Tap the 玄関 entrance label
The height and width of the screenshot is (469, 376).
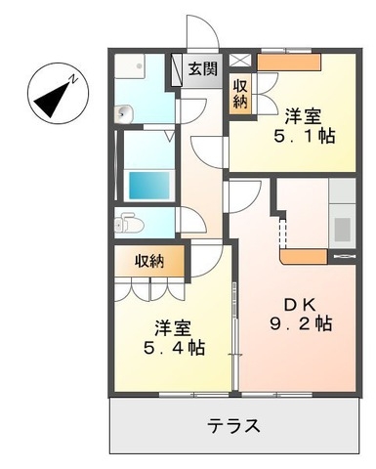click(x=203, y=70)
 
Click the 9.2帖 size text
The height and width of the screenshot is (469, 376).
click(x=301, y=322)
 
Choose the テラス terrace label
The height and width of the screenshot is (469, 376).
click(x=232, y=426)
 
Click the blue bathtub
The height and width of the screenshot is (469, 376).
click(x=148, y=185)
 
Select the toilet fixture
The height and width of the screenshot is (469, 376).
click(x=128, y=224)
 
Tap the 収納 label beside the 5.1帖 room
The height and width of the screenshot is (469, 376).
click(x=240, y=94)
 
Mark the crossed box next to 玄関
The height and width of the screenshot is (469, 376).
click(x=241, y=60)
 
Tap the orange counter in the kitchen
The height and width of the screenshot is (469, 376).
click(x=303, y=258)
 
